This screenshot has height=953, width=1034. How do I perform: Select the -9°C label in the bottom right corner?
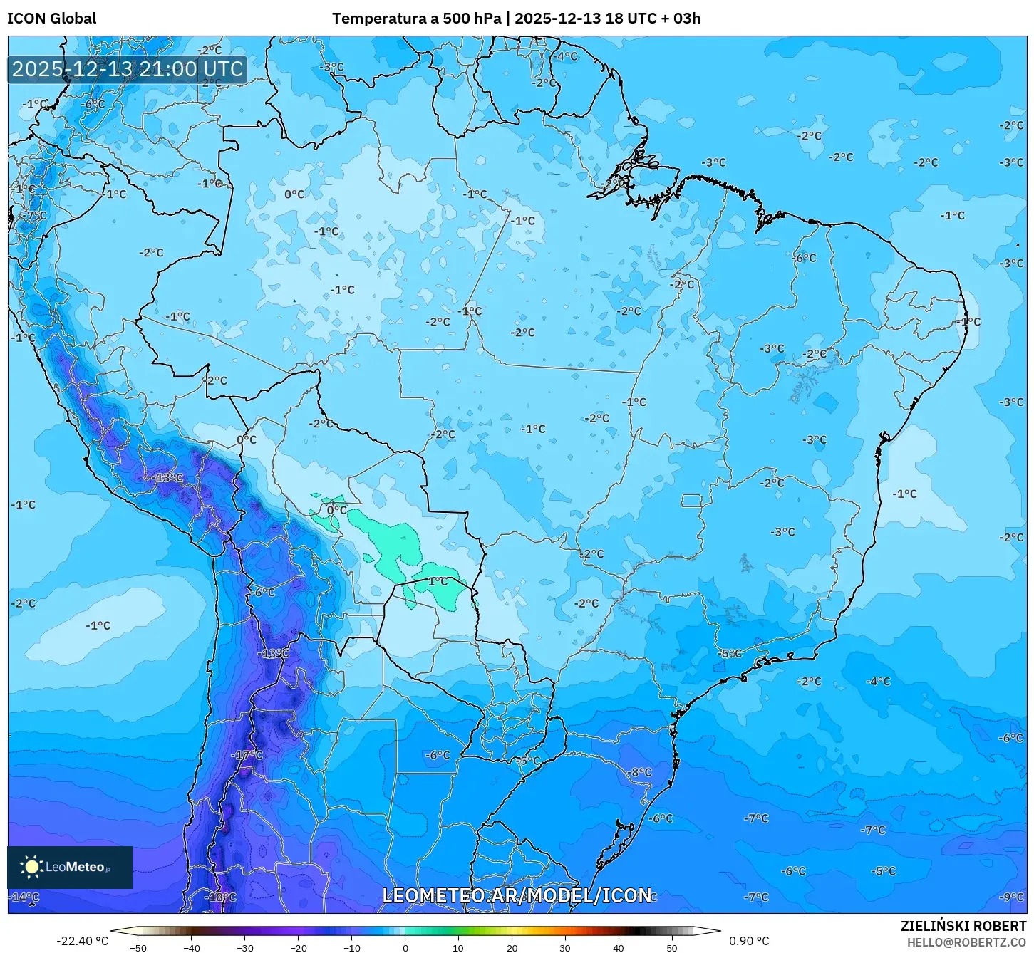tap(1011, 897)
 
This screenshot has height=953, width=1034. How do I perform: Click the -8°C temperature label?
tap(639, 772)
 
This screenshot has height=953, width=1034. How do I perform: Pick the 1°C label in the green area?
tap(438, 581)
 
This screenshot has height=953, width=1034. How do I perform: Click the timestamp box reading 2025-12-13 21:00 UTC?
tap(128, 69)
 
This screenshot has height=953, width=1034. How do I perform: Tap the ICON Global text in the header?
tap(51, 19)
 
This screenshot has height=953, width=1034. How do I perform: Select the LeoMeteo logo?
tap(69, 867)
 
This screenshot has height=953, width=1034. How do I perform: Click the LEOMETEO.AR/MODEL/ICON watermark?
tap(517, 895)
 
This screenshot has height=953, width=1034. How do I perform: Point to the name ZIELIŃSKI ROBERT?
tap(963, 926)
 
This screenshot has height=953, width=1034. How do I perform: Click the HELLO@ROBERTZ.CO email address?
tap(966, 942)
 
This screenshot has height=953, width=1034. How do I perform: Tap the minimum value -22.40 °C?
tap(82, 941)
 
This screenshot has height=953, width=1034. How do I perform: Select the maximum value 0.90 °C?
tap(748, 941)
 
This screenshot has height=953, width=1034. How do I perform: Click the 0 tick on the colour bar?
tap(405, 947)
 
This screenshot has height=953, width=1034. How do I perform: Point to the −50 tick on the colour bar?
tap(138, 947)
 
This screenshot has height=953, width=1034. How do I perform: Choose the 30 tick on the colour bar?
tap(564, 947)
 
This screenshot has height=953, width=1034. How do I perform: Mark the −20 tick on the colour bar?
tap(298, 947)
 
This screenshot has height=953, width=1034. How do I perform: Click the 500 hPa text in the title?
tap(472, 19)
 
